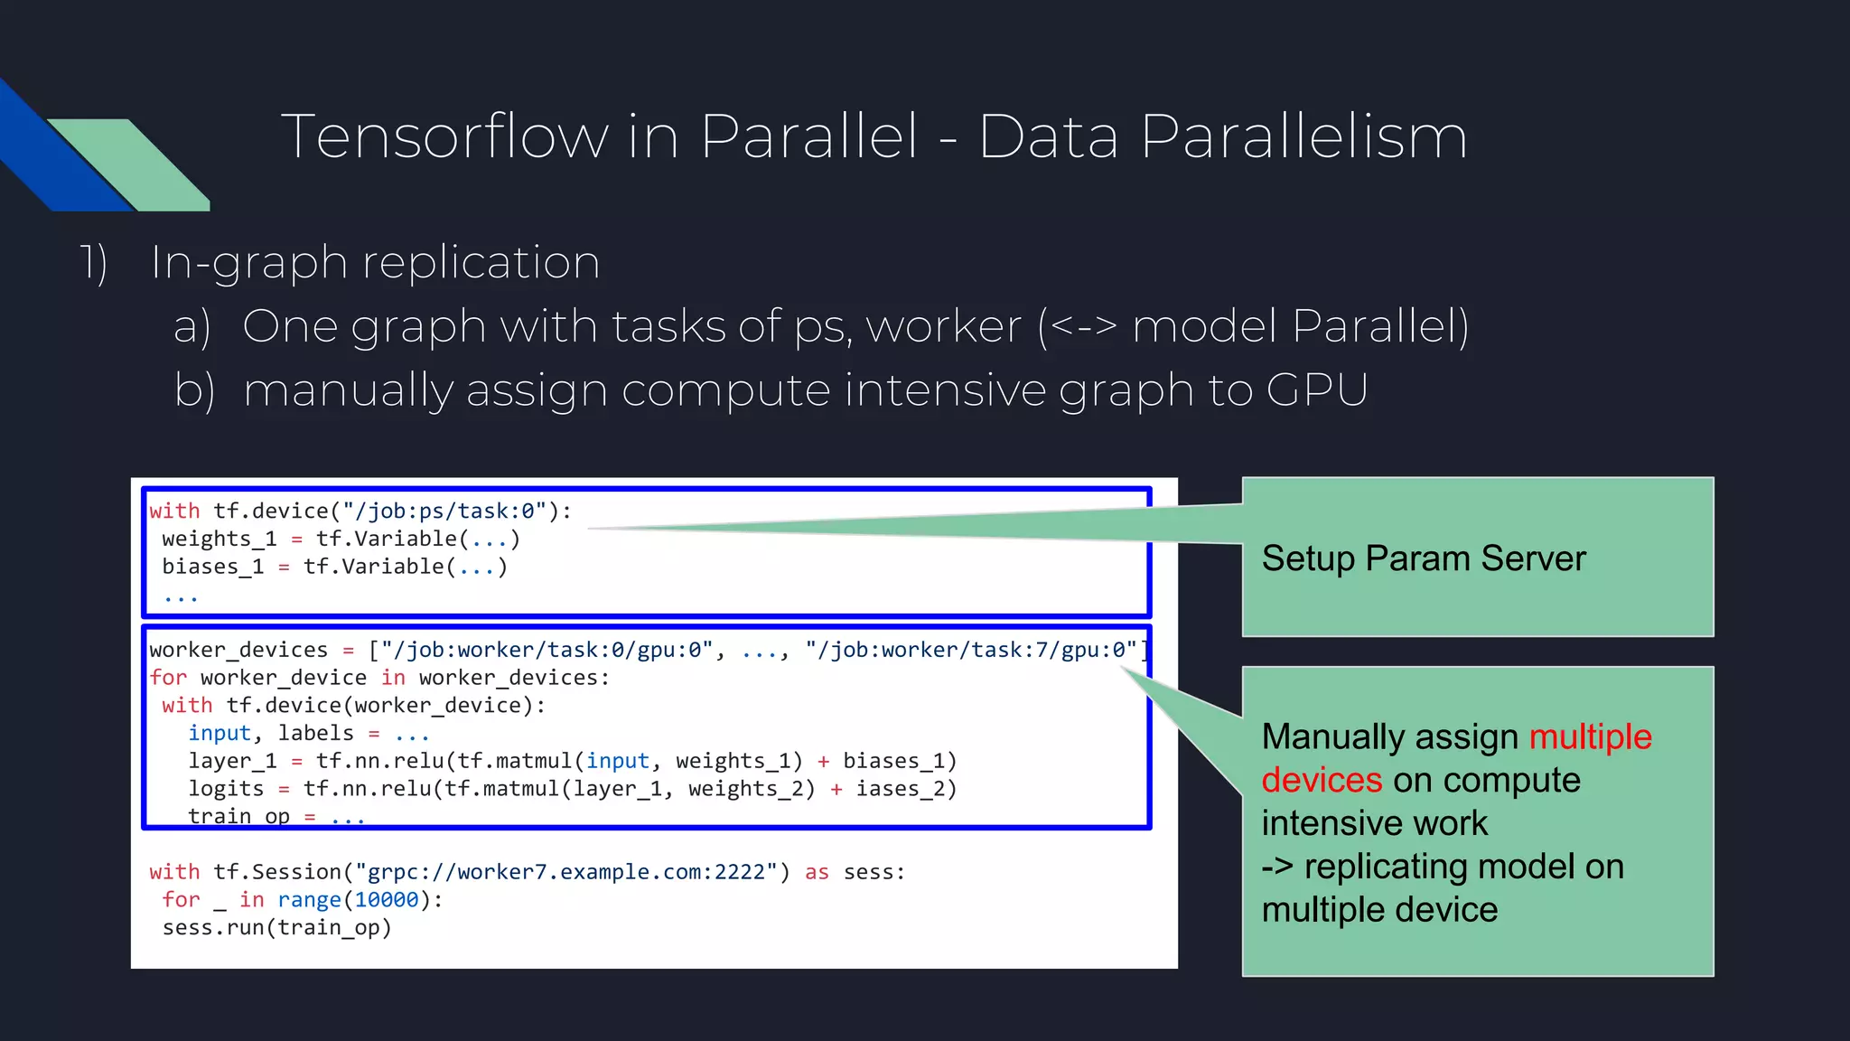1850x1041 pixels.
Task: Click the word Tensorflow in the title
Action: [444, 137]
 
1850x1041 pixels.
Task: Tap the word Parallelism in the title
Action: [1303, 137]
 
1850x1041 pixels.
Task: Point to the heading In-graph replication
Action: [375, 263]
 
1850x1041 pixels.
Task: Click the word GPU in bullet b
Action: [1316, 390]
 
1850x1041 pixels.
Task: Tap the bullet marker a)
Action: [192, 326]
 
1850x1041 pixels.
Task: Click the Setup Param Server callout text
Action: [1423, 558]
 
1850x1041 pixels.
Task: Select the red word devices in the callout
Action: [1322, 780]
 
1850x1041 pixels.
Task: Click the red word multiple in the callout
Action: [1590, 736]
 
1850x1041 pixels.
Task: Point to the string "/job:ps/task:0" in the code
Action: [444, 511]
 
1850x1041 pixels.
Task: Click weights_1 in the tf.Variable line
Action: [219, 539]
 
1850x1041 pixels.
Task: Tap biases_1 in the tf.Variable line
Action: [212, 567]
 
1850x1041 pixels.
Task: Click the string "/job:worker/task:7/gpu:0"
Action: [971, 651]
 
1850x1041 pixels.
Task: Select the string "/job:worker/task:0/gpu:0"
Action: [547, 651]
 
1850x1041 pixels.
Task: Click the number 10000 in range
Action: [387, 900]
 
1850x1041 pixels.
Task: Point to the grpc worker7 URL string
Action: [566, 872]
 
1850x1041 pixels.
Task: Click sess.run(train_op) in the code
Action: [276, 928]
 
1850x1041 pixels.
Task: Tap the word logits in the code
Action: [226, 789]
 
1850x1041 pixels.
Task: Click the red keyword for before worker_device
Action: [168, 678]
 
